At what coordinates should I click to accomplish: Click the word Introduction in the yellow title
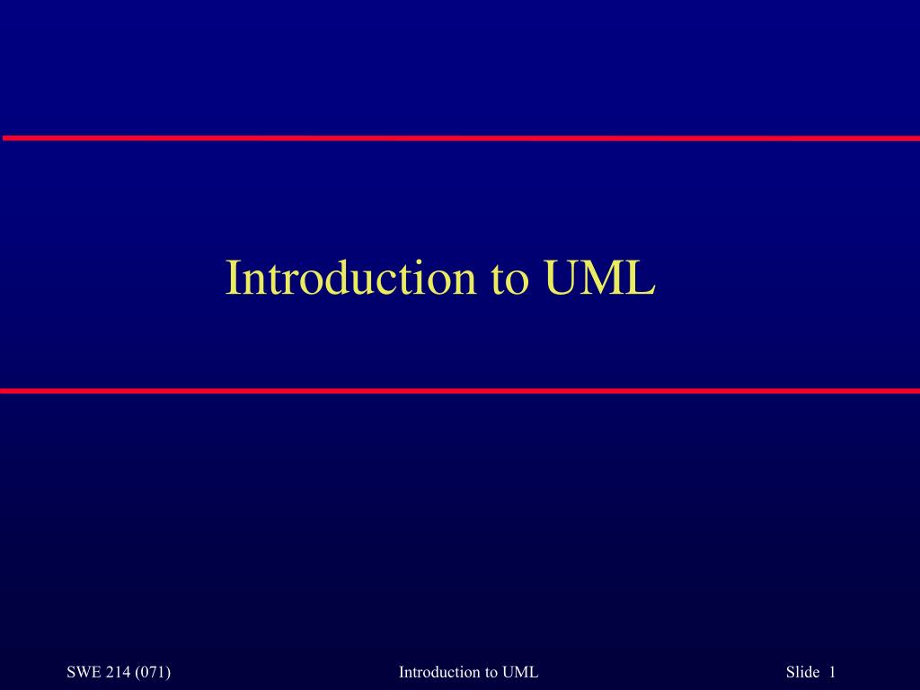click(350, 277)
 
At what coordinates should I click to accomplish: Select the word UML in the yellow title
click(599, 277)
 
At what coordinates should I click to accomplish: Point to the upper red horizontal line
click(461, 137)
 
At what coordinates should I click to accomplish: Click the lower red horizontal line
click(460, 391)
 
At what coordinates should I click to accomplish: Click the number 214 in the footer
click(119, 672)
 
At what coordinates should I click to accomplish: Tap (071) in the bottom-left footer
click(153, 672)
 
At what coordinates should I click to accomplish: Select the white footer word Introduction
click(439, 672)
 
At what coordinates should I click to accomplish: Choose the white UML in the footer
click(520, 672)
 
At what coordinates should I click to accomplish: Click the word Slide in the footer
click(802, 672)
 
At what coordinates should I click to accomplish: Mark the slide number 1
click(831, 672)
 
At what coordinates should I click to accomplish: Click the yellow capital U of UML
click(562, 278)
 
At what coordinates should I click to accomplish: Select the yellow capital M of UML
click(605, 277)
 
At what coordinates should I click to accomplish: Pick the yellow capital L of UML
click(642, 277)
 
